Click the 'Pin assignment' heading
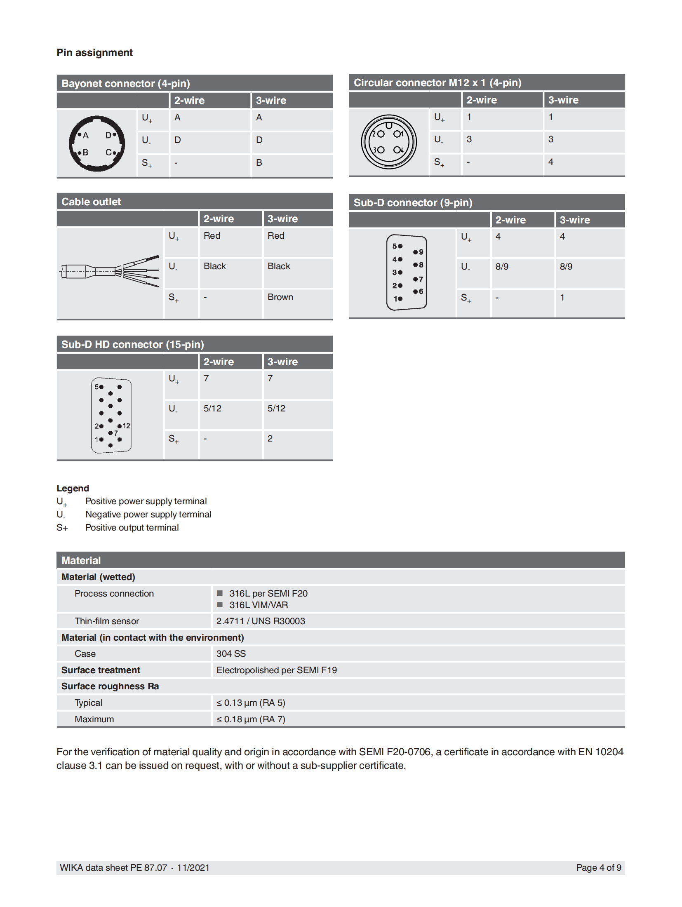[x=94, y=53]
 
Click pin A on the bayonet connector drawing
[x=80, y=134]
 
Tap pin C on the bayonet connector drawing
[x=114, y=153]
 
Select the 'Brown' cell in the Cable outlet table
[x=280, y=297]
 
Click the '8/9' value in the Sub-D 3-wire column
[x=566, y=266]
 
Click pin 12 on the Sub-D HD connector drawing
[x=120, y=426]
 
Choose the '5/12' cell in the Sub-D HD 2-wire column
[x=212, y=408]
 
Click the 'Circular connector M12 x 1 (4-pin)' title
[x=437, y=82]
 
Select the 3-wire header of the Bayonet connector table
[x=271, y=100]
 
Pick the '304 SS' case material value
[x=231, y=653]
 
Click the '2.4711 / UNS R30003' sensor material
[x=261, y=621]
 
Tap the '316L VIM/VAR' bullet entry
[x=259, y=605]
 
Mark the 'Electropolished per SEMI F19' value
[x=276, y=670]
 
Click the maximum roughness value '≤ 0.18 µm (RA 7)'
[x=251, y=719]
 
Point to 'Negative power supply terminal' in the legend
[x=148, y=514]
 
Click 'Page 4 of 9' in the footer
[x=598, y=867]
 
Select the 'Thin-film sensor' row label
[x=107, y=621]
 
